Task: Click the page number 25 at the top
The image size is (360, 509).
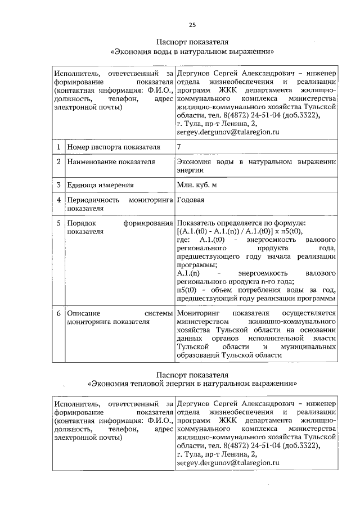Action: click(192, 25)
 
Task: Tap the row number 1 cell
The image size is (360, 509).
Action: click(58, 147)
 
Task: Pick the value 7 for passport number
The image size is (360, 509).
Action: click(179, 147)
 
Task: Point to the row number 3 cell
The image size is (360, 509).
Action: click(58, 185)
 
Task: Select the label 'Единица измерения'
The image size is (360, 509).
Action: click(100, 185)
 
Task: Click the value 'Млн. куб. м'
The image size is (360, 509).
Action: click(201, 185)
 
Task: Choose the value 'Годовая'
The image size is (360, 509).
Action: click(190, 200)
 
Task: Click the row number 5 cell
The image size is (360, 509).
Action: click(58, 223)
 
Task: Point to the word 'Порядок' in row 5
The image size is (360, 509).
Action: click(80, 223)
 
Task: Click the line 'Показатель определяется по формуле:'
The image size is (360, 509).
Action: click(241, 223)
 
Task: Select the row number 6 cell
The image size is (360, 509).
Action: click(58, 313)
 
